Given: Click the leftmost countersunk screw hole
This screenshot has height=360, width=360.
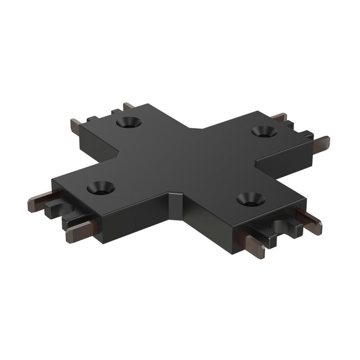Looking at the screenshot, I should click(x=100, y=188).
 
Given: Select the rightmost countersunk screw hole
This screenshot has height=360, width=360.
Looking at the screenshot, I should click(x=264, y=132).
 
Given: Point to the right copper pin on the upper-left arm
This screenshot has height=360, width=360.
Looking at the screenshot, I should click(x=129, y=106).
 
